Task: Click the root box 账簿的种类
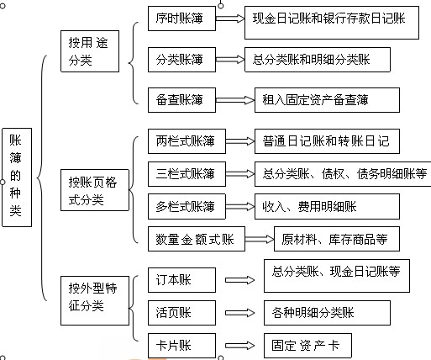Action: (17, 177)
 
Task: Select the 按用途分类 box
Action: (90, 51)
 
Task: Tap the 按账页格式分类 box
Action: (95, 190)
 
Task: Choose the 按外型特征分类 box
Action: (95, 300)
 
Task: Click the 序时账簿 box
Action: (181, 19)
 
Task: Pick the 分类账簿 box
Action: (181, 60)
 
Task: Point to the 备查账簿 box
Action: (181, 100)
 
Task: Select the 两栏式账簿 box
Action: (187, 141)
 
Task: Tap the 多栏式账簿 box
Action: (187, 206)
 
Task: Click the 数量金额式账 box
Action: (197, 239)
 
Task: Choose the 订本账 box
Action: (181, 280)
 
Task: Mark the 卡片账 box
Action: (181, 346)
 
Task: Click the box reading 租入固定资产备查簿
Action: (327, 100)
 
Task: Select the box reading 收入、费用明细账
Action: (327, 206)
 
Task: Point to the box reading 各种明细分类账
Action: (327, 313)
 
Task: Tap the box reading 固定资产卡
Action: (307, 346)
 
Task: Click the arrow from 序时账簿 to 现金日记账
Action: (230, 19)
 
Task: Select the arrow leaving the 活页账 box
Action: (239, 313)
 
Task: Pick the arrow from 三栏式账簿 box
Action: (240, 174)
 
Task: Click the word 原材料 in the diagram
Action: (299, 239)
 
